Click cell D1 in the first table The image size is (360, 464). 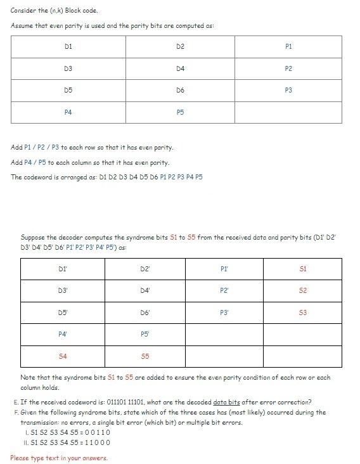(68, 47)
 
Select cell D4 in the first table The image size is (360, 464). (180, 68)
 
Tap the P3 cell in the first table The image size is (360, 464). (288, 91)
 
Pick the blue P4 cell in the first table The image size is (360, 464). (68, 112)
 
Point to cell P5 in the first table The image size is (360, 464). (180, 112)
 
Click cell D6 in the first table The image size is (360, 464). (180, 91)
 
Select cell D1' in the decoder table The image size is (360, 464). (62, 269)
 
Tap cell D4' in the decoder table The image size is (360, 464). (145, 290)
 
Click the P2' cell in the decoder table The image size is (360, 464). (224, 290)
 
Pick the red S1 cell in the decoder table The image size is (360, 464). (303, 269)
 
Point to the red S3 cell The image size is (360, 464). (303, 313)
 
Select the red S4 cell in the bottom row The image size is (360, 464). (62, 356)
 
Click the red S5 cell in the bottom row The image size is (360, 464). (145, 356)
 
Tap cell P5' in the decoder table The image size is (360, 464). (145, 334)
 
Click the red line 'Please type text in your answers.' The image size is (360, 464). (59, 458)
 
